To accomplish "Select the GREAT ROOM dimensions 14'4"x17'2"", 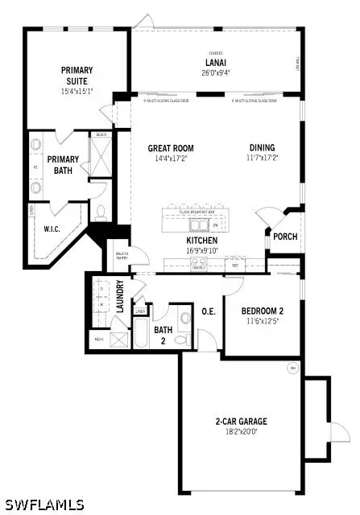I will pyautogui.click(x=171, y=159).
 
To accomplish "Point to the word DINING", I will pyautogui.click(x=262, y=147).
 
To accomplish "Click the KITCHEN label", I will pyautogui.click(x=202, y=241).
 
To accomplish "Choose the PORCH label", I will pyautogui.click(x=285, y=237).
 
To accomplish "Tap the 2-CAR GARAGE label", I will pyautogui.click(x=240, y=421).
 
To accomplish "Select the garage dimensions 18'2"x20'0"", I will pyautogui.click(x=240, y=432).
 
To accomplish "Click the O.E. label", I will pyautogui.click(x=208, y=311).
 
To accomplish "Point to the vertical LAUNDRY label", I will pyautogui.click(x=120, y=296).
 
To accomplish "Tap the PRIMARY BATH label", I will pyautogui.click(x=63, y=165).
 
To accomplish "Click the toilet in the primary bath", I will pyautogui.click(x=101, y=213).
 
